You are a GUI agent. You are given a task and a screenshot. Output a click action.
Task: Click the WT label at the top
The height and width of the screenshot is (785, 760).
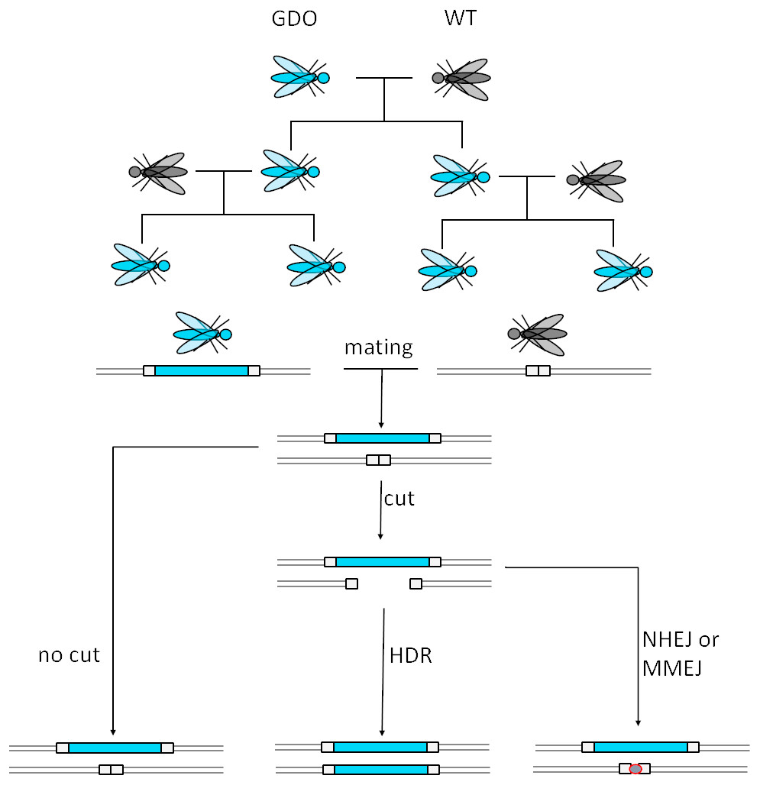point(461,18)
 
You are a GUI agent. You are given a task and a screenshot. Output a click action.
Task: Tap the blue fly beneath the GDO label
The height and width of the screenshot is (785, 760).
point(299,77)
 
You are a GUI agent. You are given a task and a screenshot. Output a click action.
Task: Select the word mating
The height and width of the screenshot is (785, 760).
point(378,347)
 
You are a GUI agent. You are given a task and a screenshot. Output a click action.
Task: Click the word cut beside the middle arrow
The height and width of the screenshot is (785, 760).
point(399,499)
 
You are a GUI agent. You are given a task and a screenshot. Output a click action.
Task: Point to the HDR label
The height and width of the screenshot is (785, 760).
point(411,655)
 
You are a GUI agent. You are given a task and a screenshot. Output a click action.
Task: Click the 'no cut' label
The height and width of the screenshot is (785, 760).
point(69,655)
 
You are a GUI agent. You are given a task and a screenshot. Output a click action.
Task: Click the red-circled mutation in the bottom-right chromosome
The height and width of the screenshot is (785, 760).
point(635,769)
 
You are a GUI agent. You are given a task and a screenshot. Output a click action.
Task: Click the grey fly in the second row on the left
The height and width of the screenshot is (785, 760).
point(159,173)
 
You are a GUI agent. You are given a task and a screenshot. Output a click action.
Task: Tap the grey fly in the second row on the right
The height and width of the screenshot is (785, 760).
point(597,181)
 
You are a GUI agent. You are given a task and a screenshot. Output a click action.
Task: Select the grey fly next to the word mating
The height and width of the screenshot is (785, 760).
point(538,334)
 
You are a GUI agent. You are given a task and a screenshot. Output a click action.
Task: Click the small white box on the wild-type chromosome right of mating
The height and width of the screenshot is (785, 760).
point(538,371)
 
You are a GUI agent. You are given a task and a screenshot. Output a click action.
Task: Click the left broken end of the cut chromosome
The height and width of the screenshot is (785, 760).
point(351,584)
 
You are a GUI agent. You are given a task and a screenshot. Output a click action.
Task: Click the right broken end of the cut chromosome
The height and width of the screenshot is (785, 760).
point(416,584)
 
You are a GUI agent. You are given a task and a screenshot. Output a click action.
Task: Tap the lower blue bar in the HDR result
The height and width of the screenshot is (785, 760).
point(380,769)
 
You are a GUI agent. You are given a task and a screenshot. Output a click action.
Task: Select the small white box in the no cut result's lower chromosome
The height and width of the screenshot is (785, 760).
point(111,770)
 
